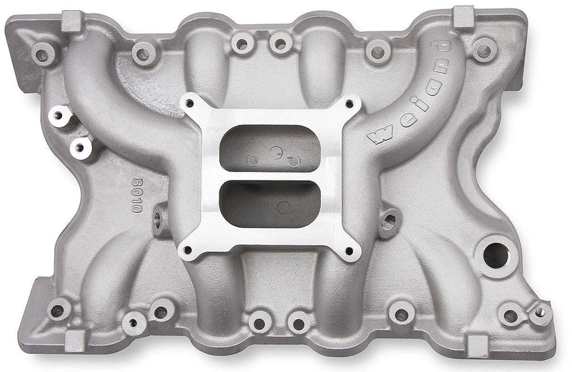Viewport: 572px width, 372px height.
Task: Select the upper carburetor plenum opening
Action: pos(270,148)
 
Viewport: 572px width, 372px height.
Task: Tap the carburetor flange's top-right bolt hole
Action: pos(351,104)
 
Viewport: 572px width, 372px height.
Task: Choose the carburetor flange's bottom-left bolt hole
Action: pos(188,249)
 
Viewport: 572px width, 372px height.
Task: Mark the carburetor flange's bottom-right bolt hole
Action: pos(350,251)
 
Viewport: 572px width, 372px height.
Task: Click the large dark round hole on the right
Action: pos(494,253)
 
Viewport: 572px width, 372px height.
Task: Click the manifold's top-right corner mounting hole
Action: pos(485,50)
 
